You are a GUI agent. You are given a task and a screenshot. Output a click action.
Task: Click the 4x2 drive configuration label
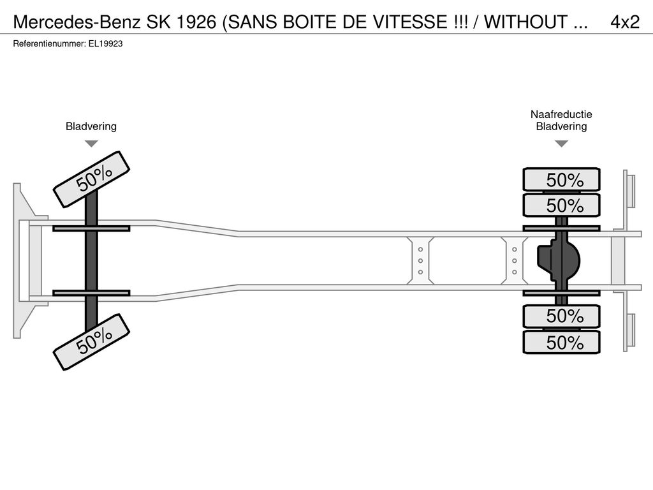coord(625,22)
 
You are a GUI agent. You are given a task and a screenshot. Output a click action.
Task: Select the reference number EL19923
coord(105,44)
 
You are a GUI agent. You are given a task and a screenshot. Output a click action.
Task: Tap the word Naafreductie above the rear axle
coord(561,114)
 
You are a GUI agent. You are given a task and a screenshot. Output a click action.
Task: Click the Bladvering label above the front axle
coord(91,126)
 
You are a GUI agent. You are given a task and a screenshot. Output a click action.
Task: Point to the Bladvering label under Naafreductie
coord(561,126)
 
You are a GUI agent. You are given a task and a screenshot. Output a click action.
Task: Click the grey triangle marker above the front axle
coord(91,144)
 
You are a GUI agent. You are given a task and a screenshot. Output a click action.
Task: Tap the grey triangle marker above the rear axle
coord(561,144)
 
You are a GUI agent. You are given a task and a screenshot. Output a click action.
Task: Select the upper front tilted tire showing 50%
coord(92,179)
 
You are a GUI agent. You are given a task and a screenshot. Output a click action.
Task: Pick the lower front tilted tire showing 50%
coord(92,342)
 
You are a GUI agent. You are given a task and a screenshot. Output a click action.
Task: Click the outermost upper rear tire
coord(561,179)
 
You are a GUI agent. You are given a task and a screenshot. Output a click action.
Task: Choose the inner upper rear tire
coord(561,205)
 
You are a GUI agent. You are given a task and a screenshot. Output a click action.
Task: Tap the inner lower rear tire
coord(561,316)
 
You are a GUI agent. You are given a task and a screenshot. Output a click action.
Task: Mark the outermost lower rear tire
coord(561,342)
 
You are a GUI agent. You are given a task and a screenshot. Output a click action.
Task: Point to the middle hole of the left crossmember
coord(421,261)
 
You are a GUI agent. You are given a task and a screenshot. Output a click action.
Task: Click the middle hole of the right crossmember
coord(515,261)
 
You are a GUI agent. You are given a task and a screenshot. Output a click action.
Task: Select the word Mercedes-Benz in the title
coord(77,22)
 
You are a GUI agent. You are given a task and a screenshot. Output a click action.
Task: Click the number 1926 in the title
coord(196,22)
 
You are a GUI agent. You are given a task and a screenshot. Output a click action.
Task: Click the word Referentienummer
coord(50,44)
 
